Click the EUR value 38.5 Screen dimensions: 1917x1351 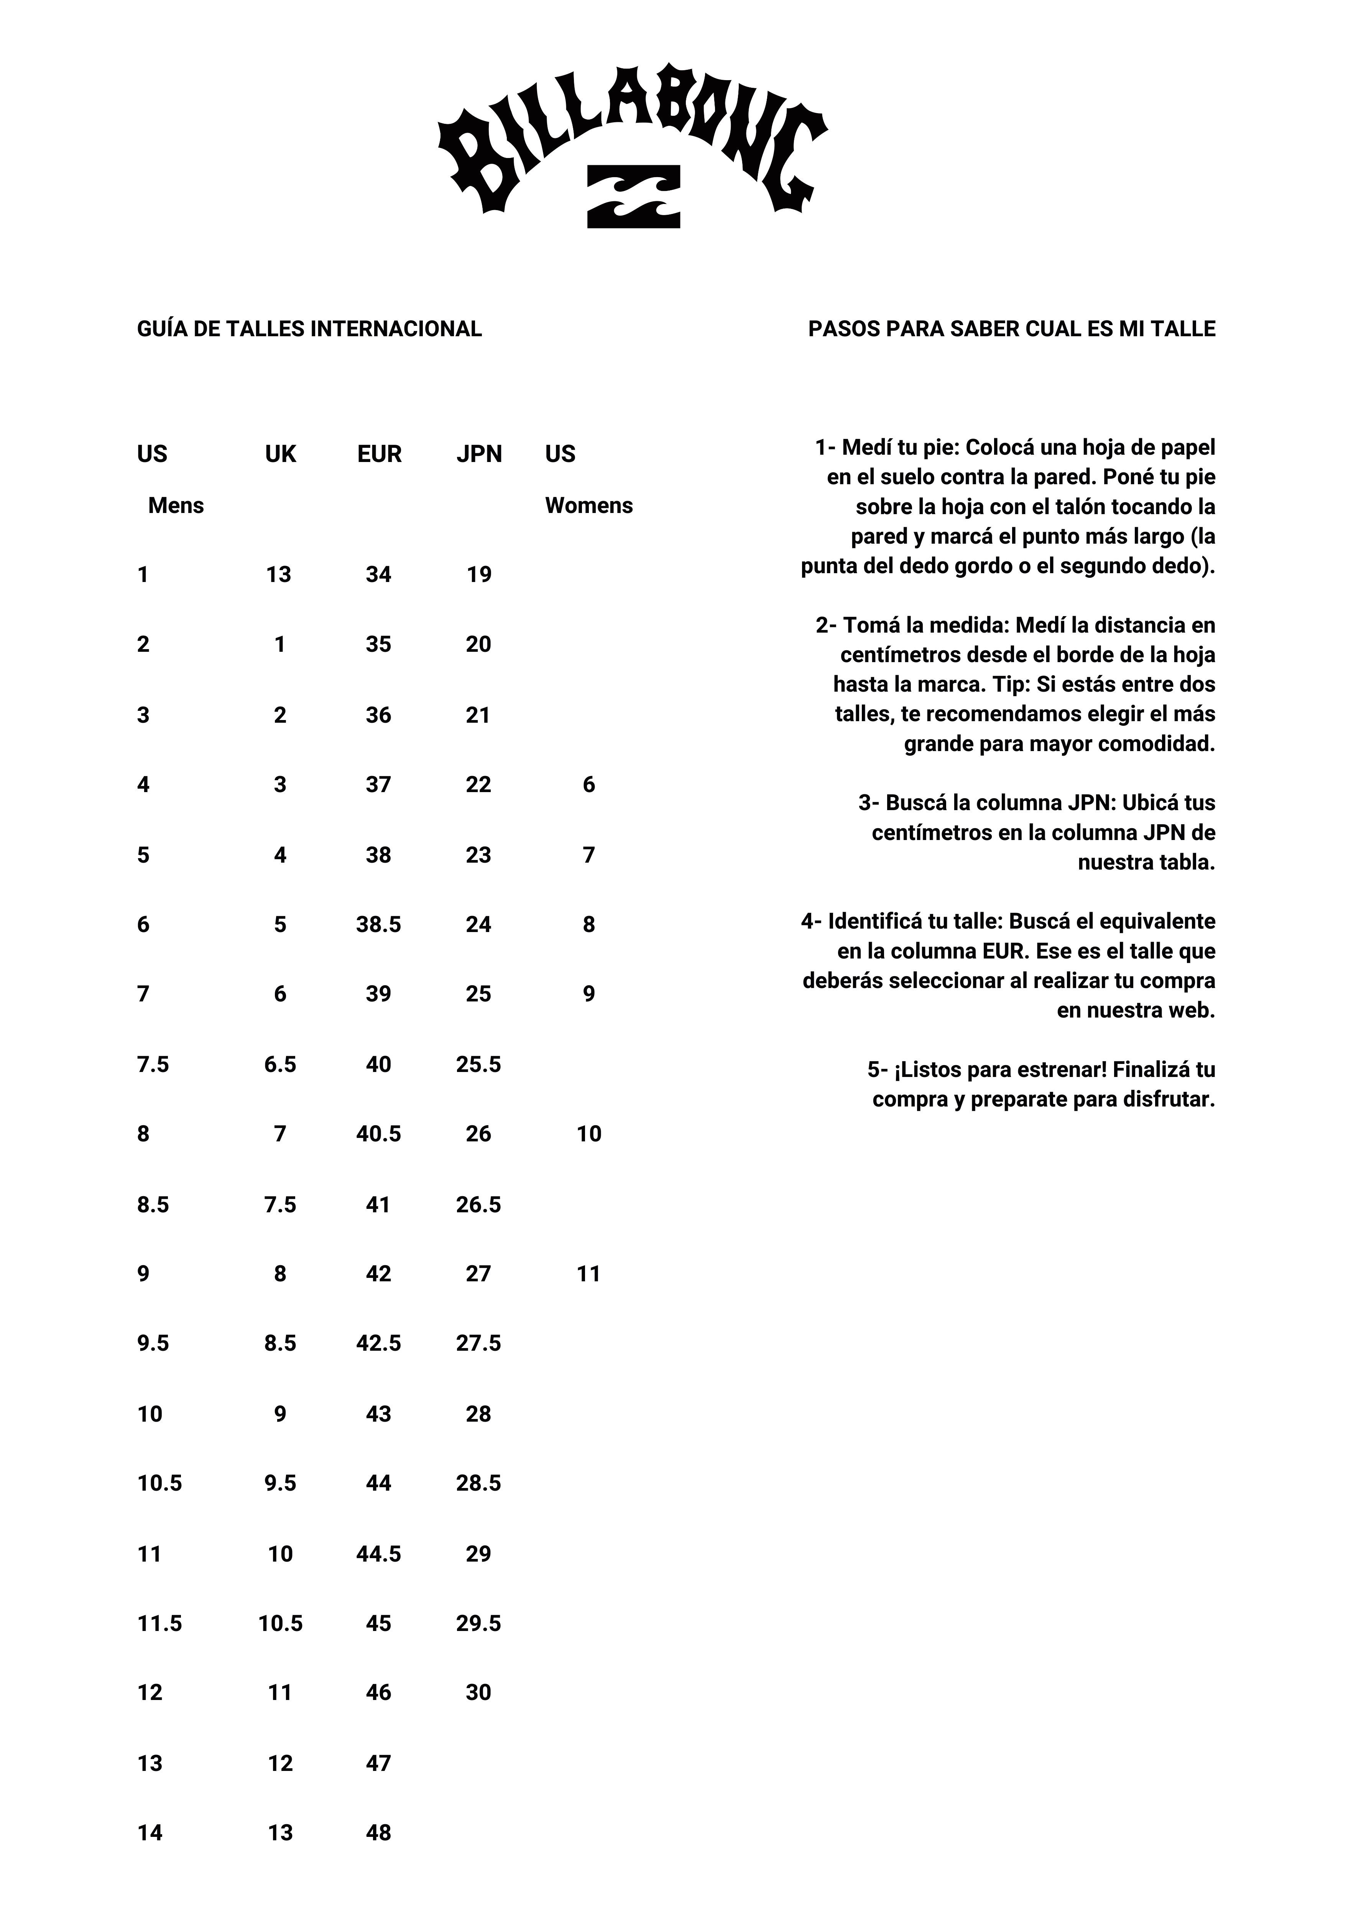point(378,924)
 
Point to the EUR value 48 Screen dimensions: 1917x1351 point(378,1833)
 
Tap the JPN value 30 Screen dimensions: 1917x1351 point(478,1692)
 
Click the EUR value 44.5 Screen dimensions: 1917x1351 point(378,1554)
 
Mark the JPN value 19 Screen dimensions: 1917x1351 point(478,574)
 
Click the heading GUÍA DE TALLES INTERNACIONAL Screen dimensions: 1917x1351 point(309,329)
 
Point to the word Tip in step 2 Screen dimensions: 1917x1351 point(1009,685)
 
